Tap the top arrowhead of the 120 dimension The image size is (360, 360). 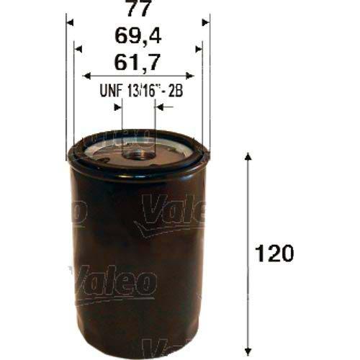click(248, 158)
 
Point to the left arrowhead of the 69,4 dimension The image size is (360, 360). click(80, 48)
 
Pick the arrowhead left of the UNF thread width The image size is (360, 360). click(118, 107)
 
